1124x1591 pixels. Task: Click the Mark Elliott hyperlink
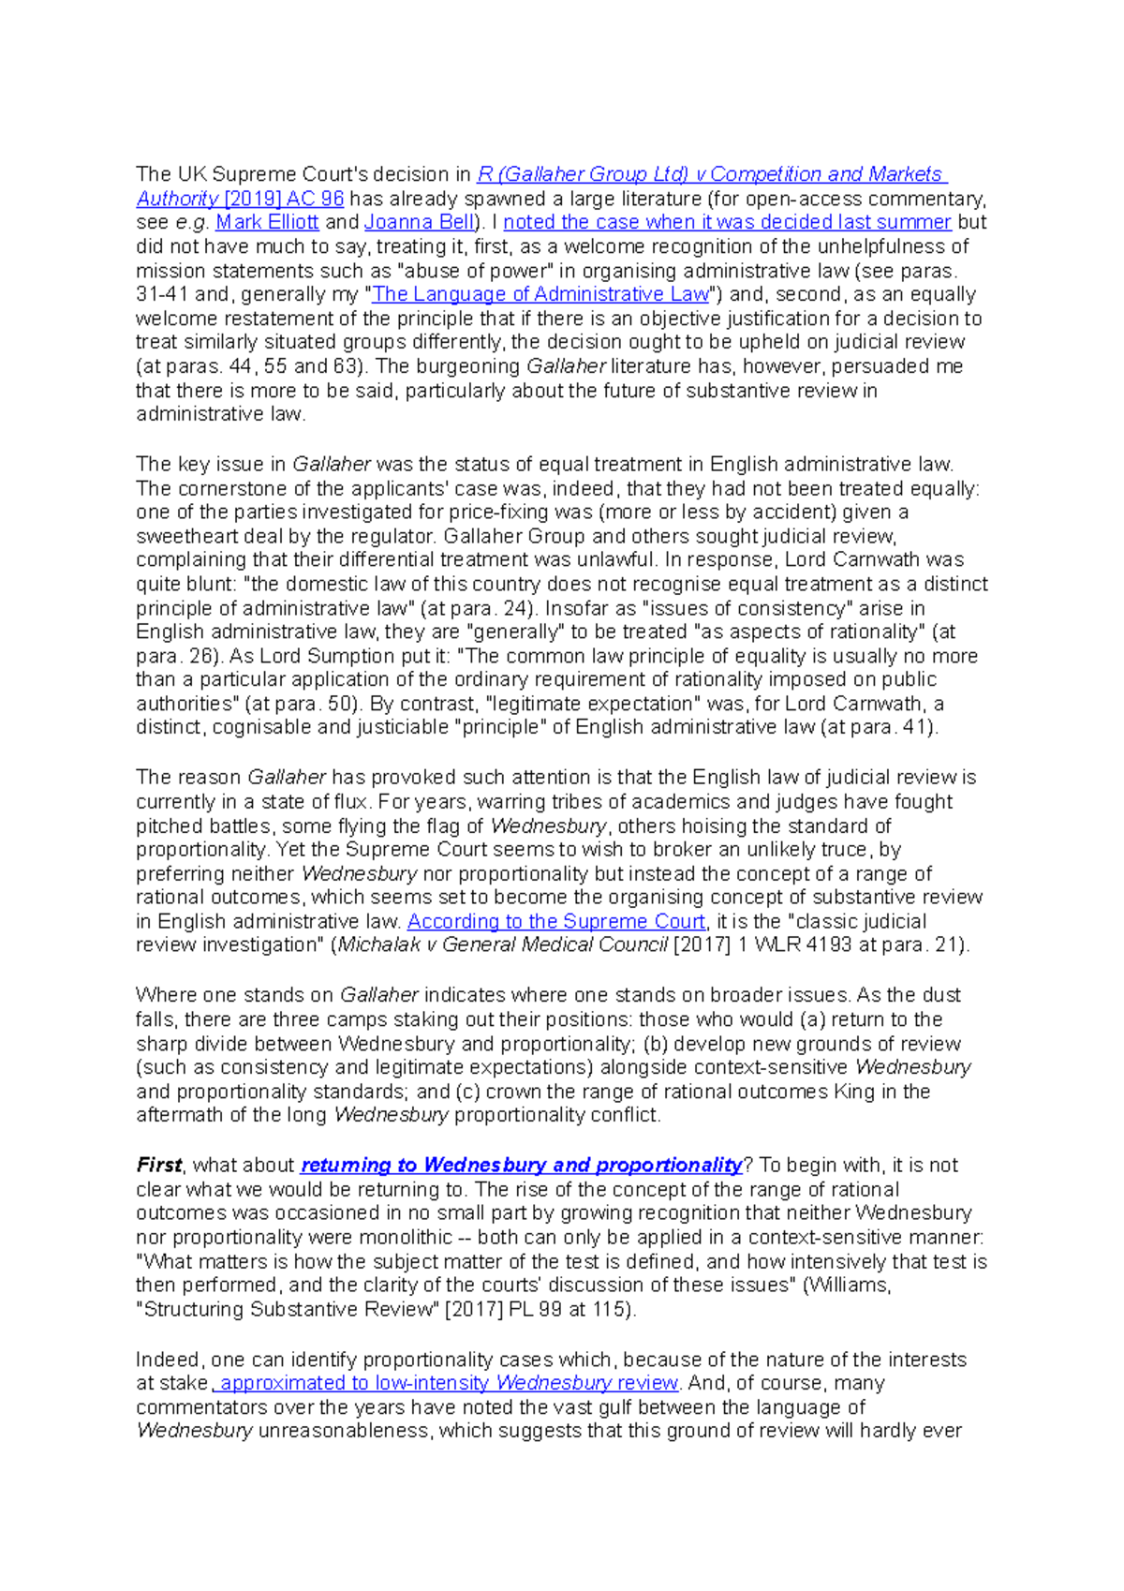coord(267,223)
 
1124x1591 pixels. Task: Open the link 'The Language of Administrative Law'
coord(540,294)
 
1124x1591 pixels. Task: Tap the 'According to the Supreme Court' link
coord(556,922)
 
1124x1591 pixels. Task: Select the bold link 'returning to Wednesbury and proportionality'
coord(521,1166)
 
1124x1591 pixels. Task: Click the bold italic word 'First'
coord(158,1166)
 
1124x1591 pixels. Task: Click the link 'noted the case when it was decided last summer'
coord(727,223)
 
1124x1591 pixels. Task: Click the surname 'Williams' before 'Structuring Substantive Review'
coord(848,1286)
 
